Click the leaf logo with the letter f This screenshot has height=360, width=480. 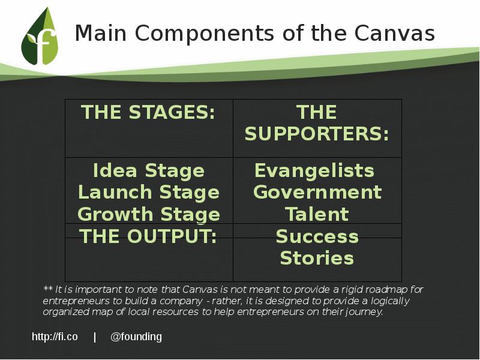pyautogui.click(x=40, y=38)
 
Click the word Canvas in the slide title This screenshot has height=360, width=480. pyautogui.click(x=395, y=33)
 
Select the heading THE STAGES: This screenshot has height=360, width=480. pyautogui.click(x=148, y=112)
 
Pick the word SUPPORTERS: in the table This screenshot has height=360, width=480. pyautogui.click(x=317, y=134)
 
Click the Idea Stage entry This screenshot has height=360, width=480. pyautogui.click(x=149, y=171)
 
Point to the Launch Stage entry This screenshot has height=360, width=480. pyautogui.click(x=149, y=193)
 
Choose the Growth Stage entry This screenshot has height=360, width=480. pyautogui.click(x=149, y=214)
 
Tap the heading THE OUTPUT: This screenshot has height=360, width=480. pyautogui.click(x=148, y=236)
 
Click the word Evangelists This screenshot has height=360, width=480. pyautogui.click(x=314, y=171)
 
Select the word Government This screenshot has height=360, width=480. pyautogui.click(x=317, y=193)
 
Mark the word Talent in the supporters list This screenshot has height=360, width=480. pyautogui.click(x=317, y=214)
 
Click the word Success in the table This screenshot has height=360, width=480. pyautogui.click(x=317, y=236)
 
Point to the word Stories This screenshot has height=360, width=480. pyautogui.click(x=317, y=258)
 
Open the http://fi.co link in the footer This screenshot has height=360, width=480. pyautogui.click(x=55, y=337)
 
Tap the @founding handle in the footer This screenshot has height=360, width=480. pyautogui.click(x=136, y=337)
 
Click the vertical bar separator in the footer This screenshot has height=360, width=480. pyautogui.click(x=95, y=337)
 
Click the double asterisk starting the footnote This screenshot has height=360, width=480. pyautogui.click(x=48, y=289)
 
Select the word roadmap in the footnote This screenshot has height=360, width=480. pyautogui.click(x=392, y=289)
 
